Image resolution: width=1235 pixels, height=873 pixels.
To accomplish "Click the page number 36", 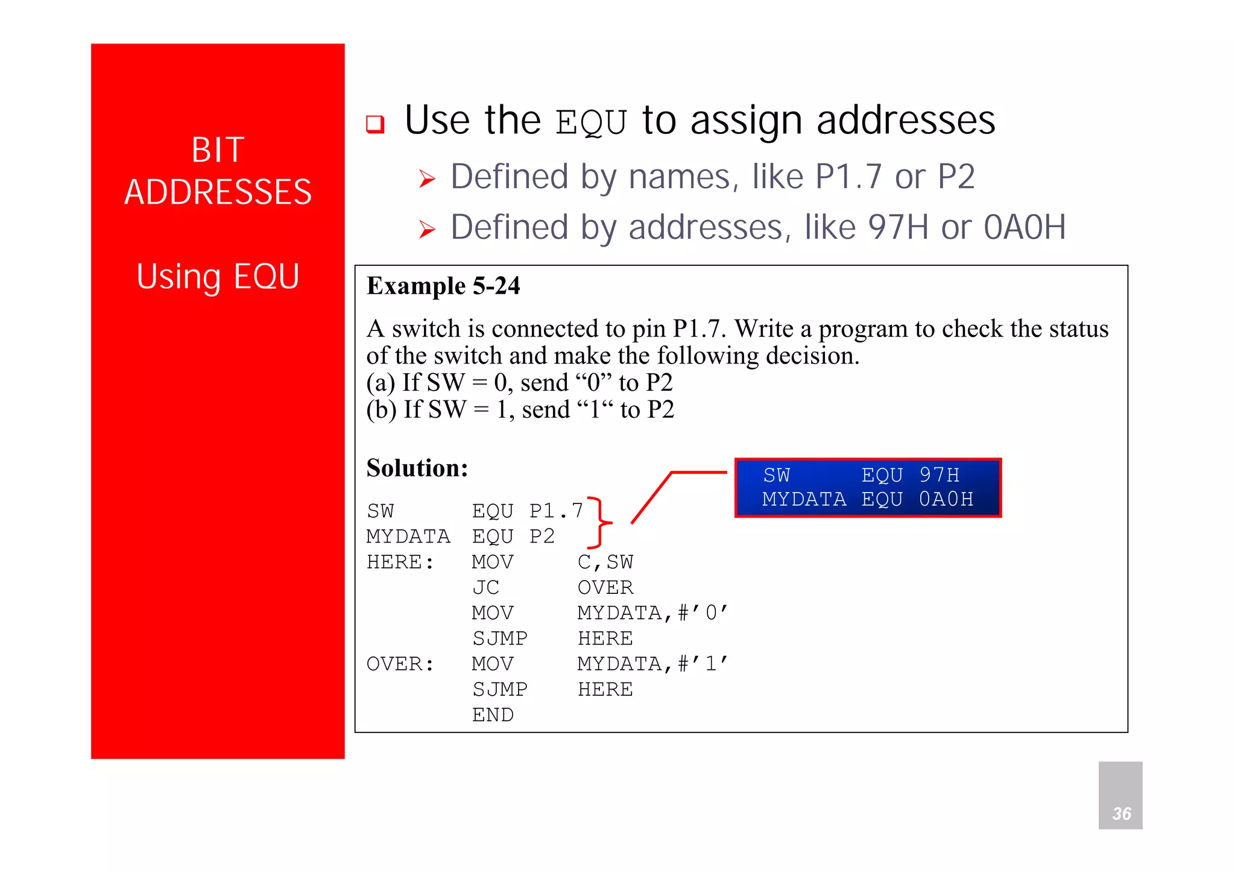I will pos(1121,813).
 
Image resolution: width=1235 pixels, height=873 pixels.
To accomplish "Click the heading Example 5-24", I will pos(443,286).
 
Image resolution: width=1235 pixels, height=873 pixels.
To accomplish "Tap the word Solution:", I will pos(417,468).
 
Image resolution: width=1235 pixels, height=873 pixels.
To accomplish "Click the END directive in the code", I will pos(493,715).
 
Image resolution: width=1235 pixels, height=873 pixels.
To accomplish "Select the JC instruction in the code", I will pos(485,587).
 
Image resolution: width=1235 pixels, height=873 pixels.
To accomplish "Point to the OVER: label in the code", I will pos(400,664).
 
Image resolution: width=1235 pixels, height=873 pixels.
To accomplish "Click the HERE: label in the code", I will pos(400,562).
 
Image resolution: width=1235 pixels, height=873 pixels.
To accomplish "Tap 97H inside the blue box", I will pos(939,475).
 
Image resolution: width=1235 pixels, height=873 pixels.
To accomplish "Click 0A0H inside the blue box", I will pos(946,499).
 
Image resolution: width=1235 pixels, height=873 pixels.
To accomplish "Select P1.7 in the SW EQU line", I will pos(556,511).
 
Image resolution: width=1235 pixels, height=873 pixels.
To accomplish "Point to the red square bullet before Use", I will pos(375,124).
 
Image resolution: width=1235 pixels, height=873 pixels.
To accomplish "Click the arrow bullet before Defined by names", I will pos(427,178).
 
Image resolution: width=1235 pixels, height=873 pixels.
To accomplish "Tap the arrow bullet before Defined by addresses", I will pos(427,229).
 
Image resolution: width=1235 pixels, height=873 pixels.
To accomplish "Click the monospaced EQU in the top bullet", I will pos(591,122).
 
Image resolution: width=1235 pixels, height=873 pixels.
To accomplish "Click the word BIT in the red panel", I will pos(218,150).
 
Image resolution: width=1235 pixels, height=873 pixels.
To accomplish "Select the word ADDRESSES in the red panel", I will pos(218,192).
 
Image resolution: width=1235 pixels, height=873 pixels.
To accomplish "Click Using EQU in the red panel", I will pos(218,277).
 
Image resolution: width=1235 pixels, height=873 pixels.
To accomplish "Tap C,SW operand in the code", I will pos(605,562).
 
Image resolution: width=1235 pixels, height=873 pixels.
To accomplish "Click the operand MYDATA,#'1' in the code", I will pos(652,664).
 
